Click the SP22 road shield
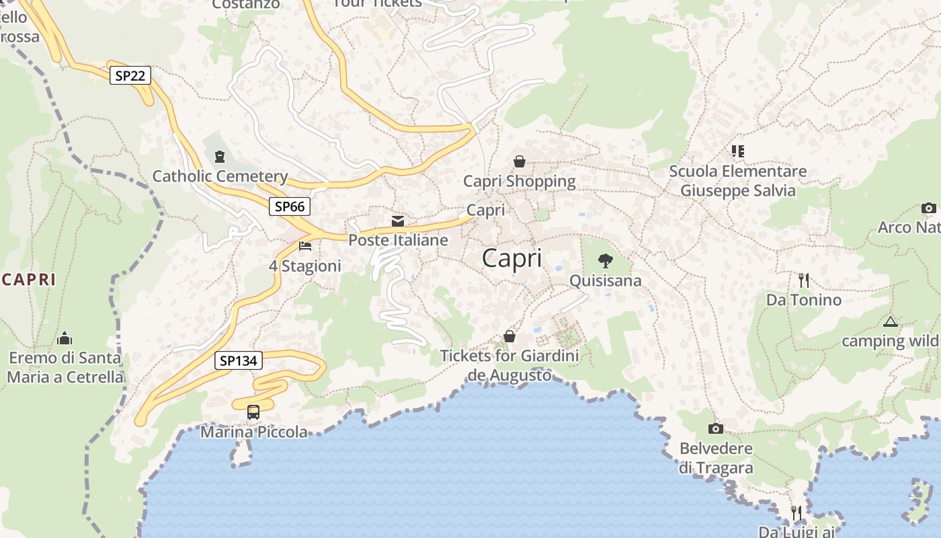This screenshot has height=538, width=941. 130,75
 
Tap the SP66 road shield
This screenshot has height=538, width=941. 290,206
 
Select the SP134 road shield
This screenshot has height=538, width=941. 239,360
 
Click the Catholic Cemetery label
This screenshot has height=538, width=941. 220,176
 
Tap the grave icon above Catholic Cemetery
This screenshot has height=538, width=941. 219,157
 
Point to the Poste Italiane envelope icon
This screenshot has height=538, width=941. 398,221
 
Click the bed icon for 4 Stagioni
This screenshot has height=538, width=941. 305,246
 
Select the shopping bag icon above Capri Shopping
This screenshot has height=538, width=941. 519,161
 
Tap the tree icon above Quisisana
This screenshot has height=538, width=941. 605,260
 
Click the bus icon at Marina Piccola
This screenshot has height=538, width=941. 253,412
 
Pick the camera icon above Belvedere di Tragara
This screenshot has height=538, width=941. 715,428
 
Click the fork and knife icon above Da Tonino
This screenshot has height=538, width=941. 803,280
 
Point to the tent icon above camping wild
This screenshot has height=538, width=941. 891,321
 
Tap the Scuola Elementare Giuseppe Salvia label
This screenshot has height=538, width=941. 738,181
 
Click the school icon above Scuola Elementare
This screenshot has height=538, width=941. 738,151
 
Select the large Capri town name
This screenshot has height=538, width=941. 512,258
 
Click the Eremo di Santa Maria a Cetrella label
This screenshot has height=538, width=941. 65,367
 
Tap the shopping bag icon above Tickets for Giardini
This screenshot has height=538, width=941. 509,336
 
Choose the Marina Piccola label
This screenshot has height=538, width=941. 254,432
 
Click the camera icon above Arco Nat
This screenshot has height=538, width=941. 928,208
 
